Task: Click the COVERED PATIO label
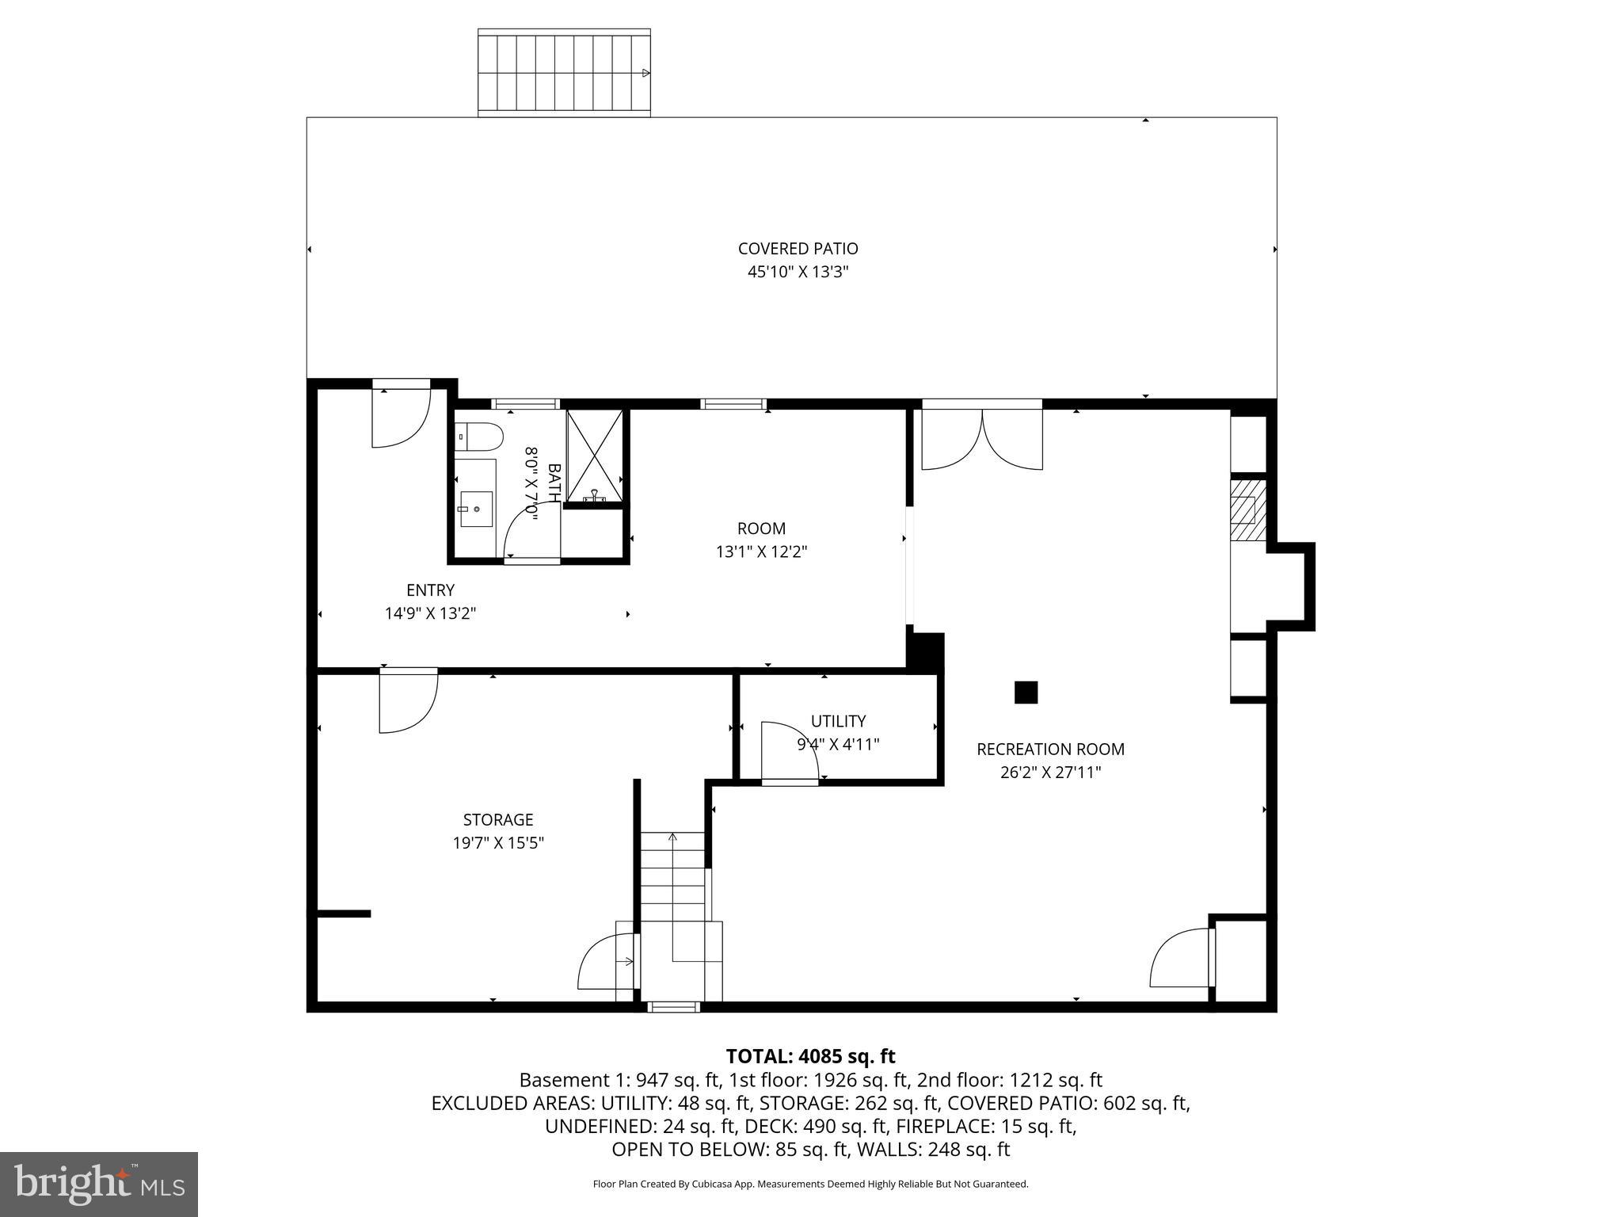pyautogui.click(x=798, y=249)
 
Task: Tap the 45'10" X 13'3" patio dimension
pyautogui.click(x=798, y=273)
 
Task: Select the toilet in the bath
pyautogui.click(x=480, y=437)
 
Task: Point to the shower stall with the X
pyautogui.click(x=595, y=455)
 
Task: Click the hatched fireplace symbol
pyautogui.click(x=1248, y=509)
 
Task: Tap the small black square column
pyautogui.click(x=1026, y=692)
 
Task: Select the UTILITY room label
pyautogui.click(x=838, y=721)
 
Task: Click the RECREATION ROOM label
pyautogui.click(x=1050, y=749)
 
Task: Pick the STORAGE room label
pyautogui.click(x=498, y=819)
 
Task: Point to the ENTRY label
pyautogui.click(x=430, y=590)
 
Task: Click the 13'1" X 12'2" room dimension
pyautogui.click(x=761, y=552)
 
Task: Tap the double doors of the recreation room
pyautogui.click(x=982, y=440)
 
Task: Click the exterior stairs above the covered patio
pyautogui.click(x=564, y=73)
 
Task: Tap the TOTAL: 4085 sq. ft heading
pyautogui.click(x=810, y=1056)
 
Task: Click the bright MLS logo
pyautogui.click(x=99, y=1184)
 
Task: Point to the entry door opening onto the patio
pyautogui.click(x=401, y=414)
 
